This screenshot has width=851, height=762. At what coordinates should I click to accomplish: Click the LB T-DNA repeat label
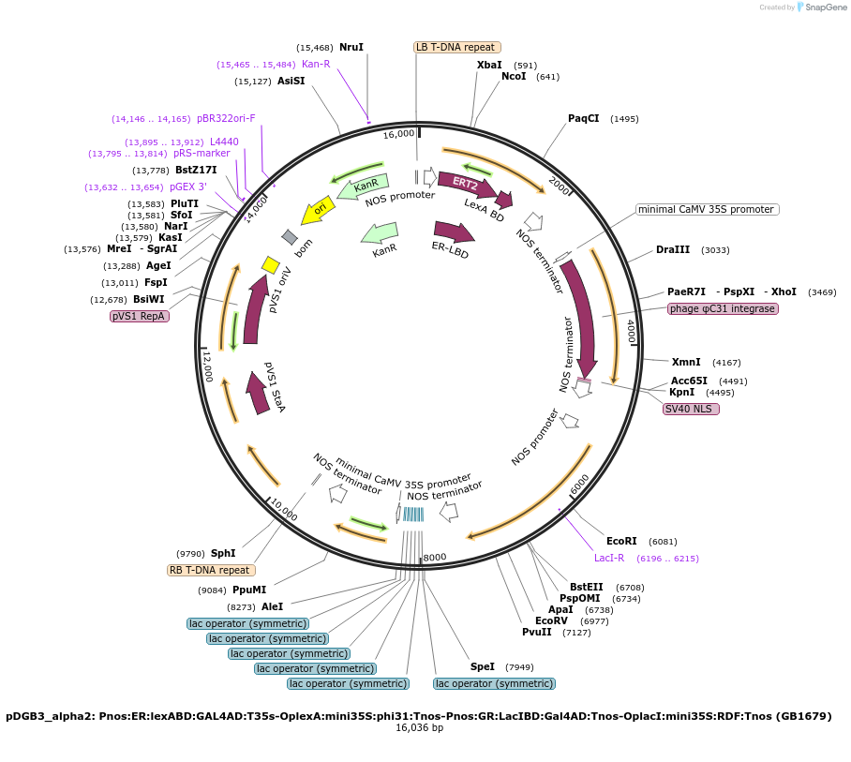click(456, 47)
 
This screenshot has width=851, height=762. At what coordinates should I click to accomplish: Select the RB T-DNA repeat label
click(210, 570)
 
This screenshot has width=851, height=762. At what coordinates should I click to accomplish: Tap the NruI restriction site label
click(351, 47)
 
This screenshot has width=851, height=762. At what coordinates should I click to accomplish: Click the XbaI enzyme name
click(489, 65)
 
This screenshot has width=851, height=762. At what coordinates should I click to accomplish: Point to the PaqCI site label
click(583, 118)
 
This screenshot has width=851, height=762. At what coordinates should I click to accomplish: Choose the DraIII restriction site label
click(673, 250)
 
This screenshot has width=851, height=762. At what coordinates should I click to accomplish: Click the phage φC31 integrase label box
click(723, 308)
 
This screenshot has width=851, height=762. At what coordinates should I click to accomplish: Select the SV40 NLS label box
click(691, 409)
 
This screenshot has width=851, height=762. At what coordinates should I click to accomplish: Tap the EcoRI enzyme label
click(621, 541)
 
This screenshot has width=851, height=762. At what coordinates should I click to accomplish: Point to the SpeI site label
click(483, 666)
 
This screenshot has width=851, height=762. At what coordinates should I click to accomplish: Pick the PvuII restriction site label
click(537, 632)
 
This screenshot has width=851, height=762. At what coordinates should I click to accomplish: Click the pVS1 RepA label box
click(140, 317)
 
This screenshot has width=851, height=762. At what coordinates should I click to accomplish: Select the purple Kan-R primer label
click(316, 64)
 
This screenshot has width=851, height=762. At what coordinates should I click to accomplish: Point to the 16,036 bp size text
click(419, 728)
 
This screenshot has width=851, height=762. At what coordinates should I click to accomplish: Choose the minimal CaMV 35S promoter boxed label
click(707, 209)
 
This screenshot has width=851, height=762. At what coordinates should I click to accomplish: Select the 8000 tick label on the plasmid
click(435, 558)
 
